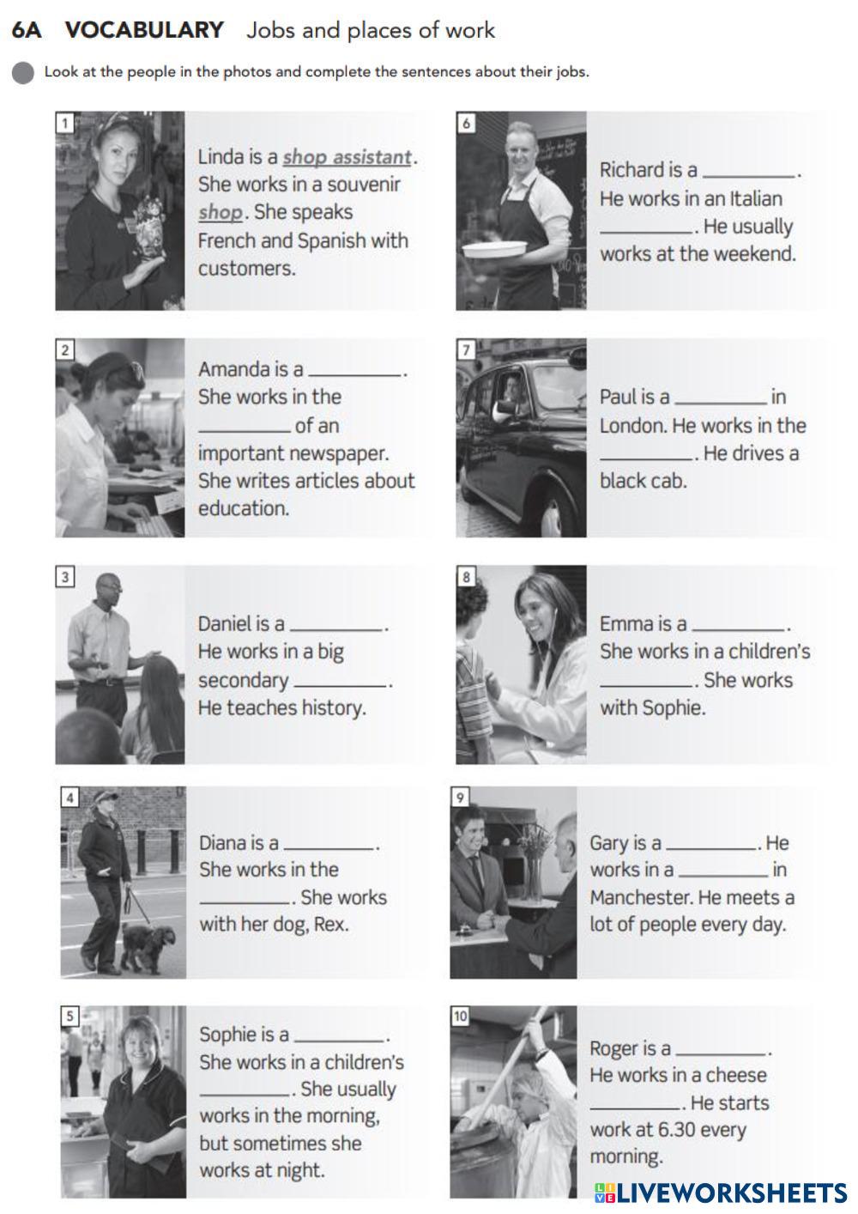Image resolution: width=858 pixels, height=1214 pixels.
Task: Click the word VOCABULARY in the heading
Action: [x=144, y=30]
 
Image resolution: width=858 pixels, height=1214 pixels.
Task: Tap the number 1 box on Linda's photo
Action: [x=65, y=123]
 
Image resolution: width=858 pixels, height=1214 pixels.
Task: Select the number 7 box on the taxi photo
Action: [x=466, y=350]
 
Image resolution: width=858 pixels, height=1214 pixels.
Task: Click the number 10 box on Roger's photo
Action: [x=460, y=1017]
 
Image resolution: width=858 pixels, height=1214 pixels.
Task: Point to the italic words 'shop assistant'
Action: [x=347, y=157]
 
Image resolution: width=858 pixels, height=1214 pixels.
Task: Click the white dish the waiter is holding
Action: [x=496, y=249]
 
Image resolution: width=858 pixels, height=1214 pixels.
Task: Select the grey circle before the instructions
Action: [x=23, y=73]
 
